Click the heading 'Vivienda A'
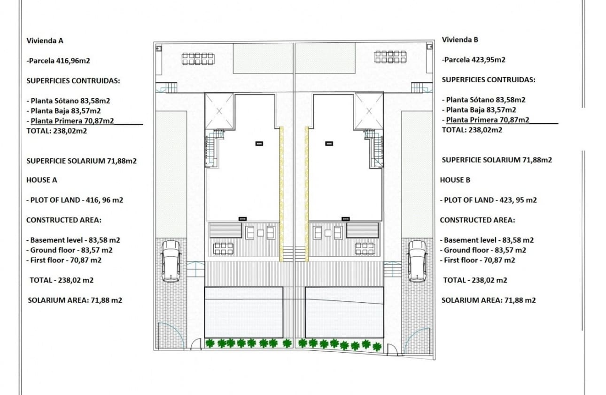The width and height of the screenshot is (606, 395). pyautogui.click(x=45, y=40)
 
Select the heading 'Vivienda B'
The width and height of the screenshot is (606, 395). pyautogui.click(x=460, y=39)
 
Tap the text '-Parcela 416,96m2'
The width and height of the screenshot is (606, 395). pyautogui.click(x=56, y=60)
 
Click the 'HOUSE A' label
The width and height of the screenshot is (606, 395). pyautogui.click(x=41, y=180)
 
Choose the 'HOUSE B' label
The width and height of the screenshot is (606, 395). pyautogui.click(x=455, y=180)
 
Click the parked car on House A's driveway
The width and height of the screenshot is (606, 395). pyautogui.click(x=171, y=261)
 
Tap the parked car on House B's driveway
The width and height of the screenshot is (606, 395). pyautogui.click(x=417, y=261)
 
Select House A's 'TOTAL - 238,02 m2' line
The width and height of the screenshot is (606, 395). pyautogui.click(x=62, y=280)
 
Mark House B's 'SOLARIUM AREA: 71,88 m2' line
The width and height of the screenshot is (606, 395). pyautogui.click(x=489, y=300)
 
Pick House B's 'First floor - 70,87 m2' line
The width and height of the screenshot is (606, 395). pyautogui.click(x=477, y=260)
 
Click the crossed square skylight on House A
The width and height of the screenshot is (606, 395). pyautogui.click(x=219, y=111)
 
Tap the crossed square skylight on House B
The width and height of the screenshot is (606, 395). pyautogui.click(x=369, y=111)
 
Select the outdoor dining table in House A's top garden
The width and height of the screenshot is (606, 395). pyautogui.click(x=198, y=59)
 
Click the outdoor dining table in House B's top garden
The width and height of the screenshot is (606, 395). pyautogui.click(x=390, y=57)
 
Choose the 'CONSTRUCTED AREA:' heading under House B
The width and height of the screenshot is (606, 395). pyautogui.click(x=477, y=220)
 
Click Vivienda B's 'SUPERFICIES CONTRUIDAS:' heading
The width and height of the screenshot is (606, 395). pyautogui.click(x=488, y=80)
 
